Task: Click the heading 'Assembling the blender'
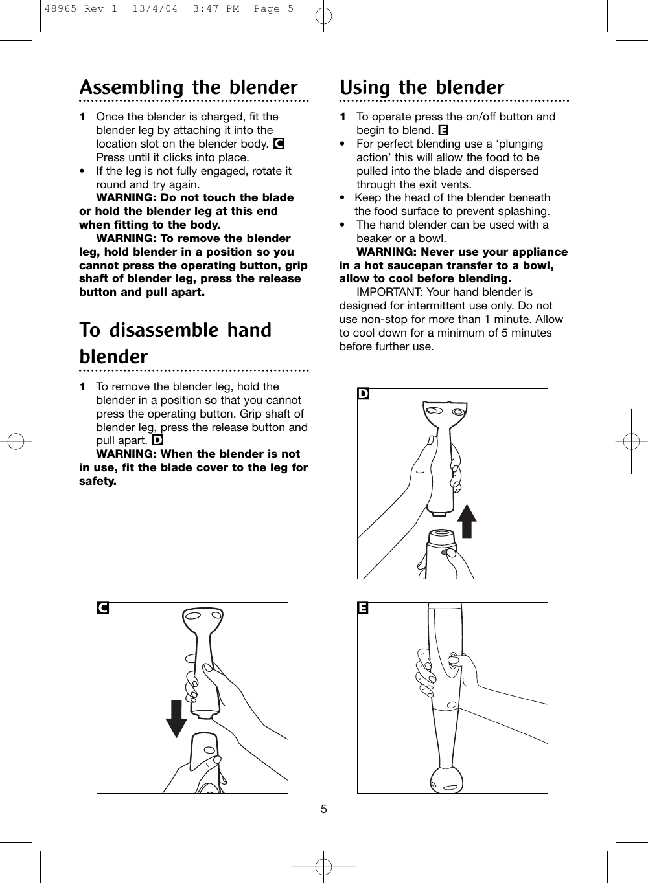(x=188, y=87)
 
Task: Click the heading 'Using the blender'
(x=421, y=87)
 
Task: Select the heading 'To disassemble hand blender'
(x=175, y=343)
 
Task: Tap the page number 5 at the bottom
(x=324, y=810)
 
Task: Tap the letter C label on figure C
(x=102, y=609)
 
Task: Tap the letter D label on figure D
(x=364, y=394)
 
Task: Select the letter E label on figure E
(x=363, y=609)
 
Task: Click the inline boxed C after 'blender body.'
(x=279, y=144)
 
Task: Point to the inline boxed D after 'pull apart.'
(x=157, y=441)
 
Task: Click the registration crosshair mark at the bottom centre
(x=323, y=866)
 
